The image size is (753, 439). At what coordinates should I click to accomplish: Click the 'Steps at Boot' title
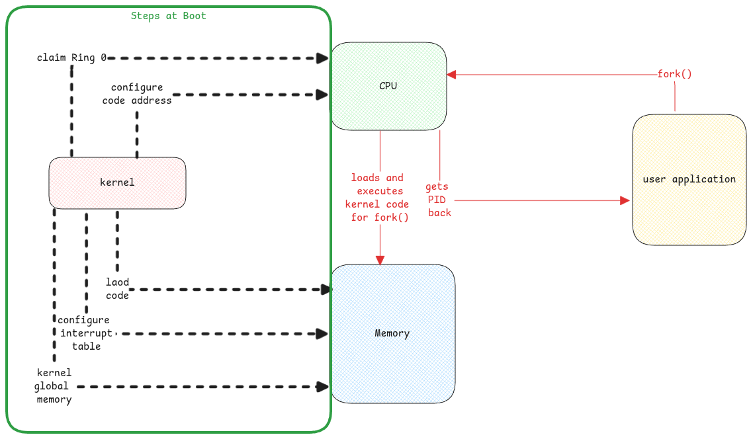168,16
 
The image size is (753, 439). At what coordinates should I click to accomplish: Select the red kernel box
117,182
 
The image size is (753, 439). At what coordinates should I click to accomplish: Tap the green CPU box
388,86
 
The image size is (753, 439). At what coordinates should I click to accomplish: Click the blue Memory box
392,333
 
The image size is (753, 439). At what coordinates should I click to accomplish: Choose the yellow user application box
689,179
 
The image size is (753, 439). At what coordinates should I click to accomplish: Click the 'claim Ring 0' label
71,58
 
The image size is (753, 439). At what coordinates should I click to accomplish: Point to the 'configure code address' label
137,94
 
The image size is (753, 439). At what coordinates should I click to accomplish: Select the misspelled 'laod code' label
118,289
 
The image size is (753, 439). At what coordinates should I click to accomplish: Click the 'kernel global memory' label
54,386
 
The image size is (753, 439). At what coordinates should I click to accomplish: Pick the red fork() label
674,74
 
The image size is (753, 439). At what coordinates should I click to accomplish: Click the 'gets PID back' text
439,200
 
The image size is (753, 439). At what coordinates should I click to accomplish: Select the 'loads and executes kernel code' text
377,197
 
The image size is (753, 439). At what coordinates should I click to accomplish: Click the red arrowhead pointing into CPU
451,75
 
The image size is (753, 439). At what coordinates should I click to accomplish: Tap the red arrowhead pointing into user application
624,200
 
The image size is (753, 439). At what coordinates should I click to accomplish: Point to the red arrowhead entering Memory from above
380,260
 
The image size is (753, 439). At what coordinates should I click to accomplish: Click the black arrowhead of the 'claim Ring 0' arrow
322,58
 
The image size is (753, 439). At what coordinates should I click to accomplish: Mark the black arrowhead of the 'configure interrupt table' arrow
322,334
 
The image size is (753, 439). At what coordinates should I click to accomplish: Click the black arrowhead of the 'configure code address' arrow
322,95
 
